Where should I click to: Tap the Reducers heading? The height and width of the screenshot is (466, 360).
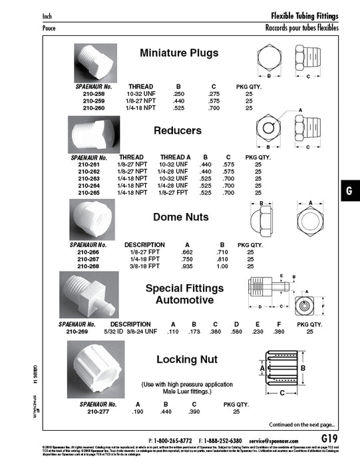pos(177,131)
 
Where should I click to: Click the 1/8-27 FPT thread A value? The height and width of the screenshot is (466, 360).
pos(172,193)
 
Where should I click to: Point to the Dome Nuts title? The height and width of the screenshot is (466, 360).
pos(180,216)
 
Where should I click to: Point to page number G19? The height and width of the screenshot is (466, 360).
pos(332,439)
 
